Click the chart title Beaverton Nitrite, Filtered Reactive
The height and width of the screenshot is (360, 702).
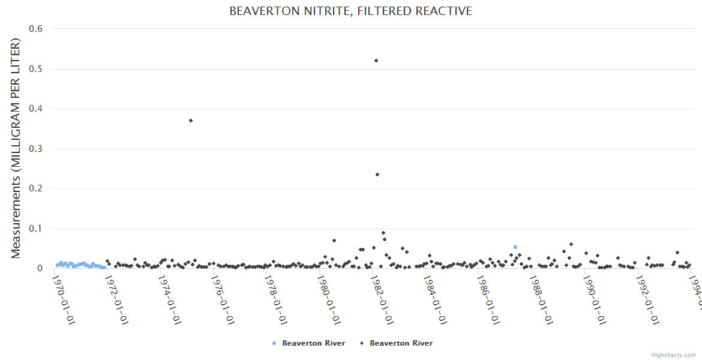tap(350, 11)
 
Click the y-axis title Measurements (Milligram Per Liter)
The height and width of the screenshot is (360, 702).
tap(16, 148)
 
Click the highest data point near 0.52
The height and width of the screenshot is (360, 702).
tap(376, 61)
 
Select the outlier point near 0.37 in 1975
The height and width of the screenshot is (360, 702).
tap(191, 121)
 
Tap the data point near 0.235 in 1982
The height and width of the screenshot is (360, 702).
tap(377, 175)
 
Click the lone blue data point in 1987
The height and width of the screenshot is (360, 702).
tap(515, 247)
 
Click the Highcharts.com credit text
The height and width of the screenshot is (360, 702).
tap(673, 355)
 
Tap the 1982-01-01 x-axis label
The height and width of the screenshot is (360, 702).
tap(382, 297)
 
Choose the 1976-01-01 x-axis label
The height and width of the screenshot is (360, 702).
tap(223, 297)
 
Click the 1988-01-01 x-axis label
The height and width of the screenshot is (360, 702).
tap(541, 297)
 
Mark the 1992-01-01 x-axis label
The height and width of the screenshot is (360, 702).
tap(647, 297)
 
